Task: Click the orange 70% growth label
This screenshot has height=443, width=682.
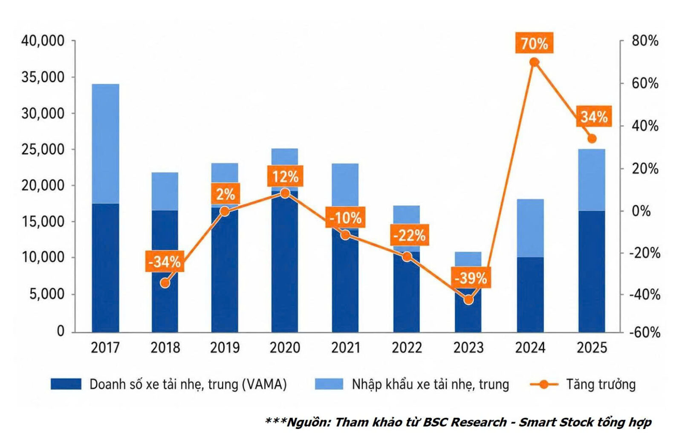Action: click(534, 43)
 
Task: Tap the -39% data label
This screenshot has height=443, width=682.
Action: click(471, 277)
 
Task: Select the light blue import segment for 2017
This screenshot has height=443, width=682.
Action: click(105, 144)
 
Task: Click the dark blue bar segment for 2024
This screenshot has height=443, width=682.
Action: click(530, 295)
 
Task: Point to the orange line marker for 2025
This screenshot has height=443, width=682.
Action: click(592, 139)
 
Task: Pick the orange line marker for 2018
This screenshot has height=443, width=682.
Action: click(165, 283)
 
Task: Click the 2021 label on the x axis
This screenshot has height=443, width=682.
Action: click(346, 348)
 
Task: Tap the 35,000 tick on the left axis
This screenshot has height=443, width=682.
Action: click(43, 77)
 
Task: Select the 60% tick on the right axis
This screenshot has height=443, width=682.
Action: click(645, 83)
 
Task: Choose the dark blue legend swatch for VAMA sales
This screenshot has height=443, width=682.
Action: click(66, 384)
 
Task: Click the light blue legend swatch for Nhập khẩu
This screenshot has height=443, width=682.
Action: click(329, 384)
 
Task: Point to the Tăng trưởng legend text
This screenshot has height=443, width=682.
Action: click(601, 384)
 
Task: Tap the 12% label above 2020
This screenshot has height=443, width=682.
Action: click(285, 176)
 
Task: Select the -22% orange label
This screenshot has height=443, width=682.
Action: click(410, 235)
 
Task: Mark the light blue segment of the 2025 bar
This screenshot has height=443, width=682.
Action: click(592, 180)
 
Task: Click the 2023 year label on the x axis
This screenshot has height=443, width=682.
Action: click(468, 348)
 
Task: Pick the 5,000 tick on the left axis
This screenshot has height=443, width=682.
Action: click(47, 294)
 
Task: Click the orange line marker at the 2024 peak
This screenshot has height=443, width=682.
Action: click(535, 62)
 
